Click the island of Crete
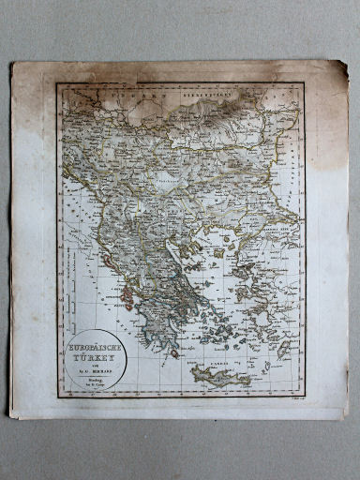[x=219, y=375]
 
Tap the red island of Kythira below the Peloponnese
[x=174, y=353]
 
